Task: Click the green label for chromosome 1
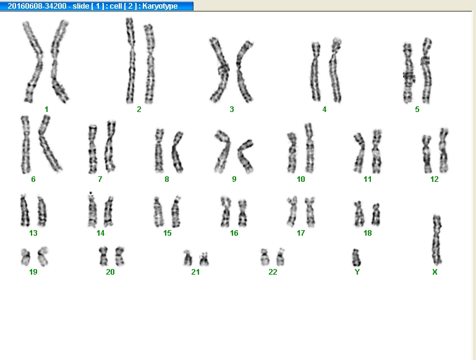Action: (x=46, y=109)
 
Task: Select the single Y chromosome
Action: (x=356, y=257)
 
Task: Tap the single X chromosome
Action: (x=437, y=240)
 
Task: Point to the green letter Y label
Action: (x=357, y=272)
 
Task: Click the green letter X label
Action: (x=435, y=272)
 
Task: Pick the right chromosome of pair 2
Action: (x=150, y=64)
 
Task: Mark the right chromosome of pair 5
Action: (x=426, y=71)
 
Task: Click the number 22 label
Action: (x=273, y=272)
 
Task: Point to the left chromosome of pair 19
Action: (x=25, y=257)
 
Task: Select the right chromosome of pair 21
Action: (x=204, y=259)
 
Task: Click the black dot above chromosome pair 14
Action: (x=91, y=193)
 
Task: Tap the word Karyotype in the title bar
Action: (x=159, y=6)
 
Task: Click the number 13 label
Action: (x=33, y=233)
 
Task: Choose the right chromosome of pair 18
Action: (x=376, y=215)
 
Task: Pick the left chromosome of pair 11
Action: (x=360, y=153)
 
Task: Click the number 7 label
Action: (x=100, y=179)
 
